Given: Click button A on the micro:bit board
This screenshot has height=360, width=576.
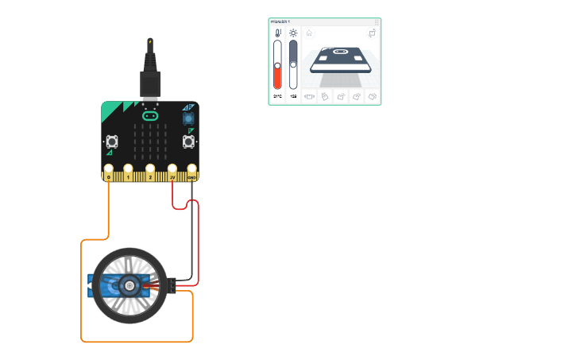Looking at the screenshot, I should [112, 142].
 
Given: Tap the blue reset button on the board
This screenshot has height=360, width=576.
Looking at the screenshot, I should [188, 118].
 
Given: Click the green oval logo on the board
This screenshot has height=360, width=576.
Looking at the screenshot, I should [150, 116].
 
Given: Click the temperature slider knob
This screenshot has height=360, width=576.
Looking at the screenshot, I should [277, 65].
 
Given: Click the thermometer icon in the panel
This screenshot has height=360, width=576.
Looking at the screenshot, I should [277, 33].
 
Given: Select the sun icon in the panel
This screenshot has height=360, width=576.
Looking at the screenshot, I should [293, 33].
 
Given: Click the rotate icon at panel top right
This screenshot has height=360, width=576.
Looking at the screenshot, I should [372, 33].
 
